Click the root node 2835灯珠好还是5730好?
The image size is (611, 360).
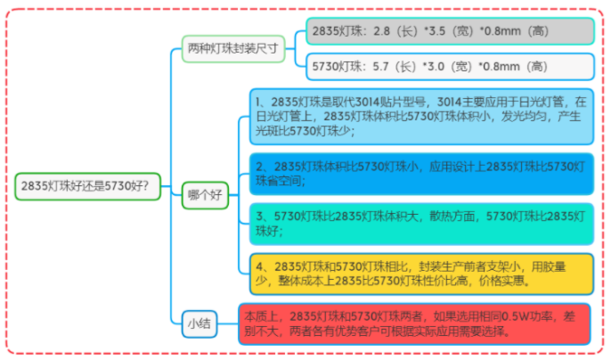click(88, 186)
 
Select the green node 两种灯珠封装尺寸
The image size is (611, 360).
click(234, 48)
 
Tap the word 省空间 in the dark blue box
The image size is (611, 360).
click(281, 181)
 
